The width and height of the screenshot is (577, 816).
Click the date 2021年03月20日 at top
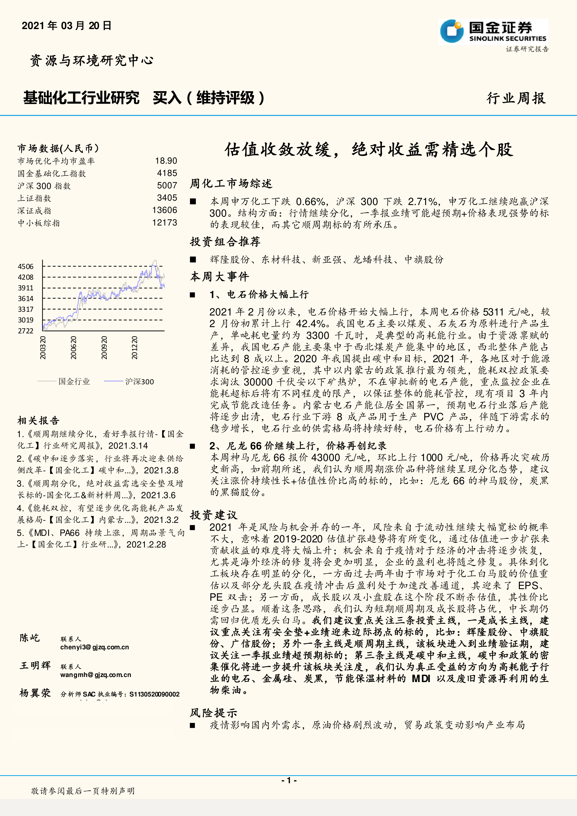pyautogui.click(x=66, y=26)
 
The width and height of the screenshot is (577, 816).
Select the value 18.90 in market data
pyautogui.click(x=166, y=161)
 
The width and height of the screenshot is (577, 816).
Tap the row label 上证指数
pyautogui.click(x=34, y=198)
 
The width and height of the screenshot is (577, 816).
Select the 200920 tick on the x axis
pyautogui.click(x=104, y=348)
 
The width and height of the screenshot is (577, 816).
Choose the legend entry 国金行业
pyautogui.click(x=74, y=382)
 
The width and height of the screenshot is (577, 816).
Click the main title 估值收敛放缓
pyautogui.click(x=369, y=150)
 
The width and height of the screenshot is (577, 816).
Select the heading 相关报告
pyautogui.click(x=38, y=421)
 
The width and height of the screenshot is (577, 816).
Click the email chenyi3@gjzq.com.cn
pyautogui.click(x=95, y=647)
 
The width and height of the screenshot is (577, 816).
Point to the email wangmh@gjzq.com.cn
pyautogui.click(x=96, y=675)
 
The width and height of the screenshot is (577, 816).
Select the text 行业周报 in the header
pyautogui.click(x=516, y=98)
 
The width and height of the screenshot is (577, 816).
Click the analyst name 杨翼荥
pyautogui.click(x=35, y=693)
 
